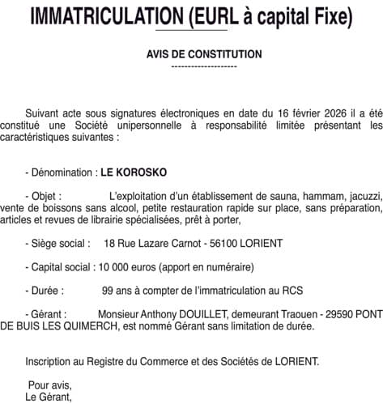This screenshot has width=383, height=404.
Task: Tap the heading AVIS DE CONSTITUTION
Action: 204,54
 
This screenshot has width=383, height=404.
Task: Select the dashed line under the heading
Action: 204,65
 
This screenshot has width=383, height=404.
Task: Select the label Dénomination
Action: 62,172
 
